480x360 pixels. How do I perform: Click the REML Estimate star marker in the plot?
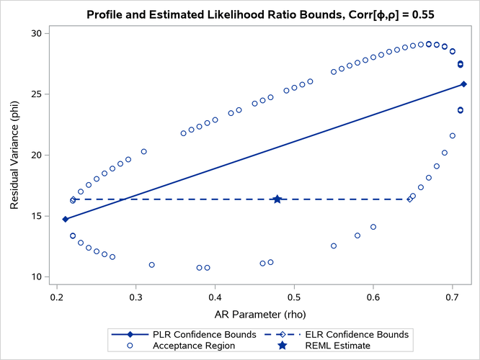[277, 199]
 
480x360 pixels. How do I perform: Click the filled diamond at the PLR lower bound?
[65, 219]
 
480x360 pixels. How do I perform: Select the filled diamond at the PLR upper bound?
[464, 84]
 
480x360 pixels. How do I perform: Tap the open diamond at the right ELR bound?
[409, 199]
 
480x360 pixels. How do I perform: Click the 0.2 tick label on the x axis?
[57, 296]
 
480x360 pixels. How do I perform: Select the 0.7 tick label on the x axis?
[452, 296]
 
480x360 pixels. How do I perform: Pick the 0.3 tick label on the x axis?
[135, 296]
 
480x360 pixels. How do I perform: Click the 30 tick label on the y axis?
[35, 33]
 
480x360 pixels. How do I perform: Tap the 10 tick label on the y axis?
[35, 276]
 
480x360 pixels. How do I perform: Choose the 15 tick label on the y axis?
[35, 216]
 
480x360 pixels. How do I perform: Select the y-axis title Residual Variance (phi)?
[14, 155]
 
